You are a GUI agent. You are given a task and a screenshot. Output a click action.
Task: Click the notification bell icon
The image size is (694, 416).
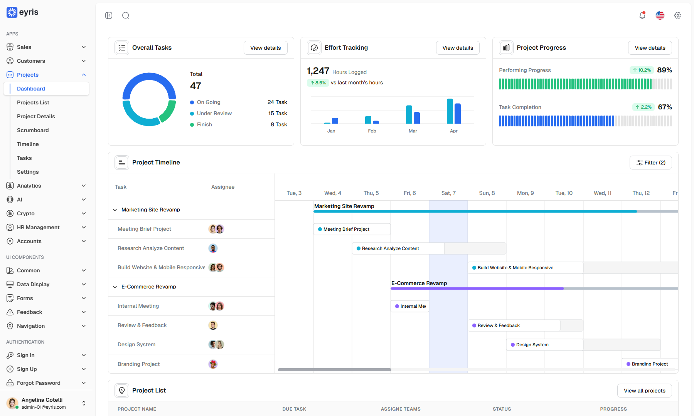tap(642, 15)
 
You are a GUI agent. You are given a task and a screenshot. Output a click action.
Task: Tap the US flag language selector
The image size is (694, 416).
tap(660, 15)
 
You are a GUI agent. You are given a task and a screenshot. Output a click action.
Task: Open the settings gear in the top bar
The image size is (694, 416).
tap(678, 15)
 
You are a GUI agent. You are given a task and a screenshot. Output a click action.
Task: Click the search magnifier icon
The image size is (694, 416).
tap(126, 15)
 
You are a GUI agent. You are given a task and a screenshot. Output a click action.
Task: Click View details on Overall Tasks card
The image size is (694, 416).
tap(266, 48)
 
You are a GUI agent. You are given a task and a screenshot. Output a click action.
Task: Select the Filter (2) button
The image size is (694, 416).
tap(651, 163)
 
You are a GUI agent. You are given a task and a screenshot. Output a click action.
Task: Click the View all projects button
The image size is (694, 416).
tap(645, 391)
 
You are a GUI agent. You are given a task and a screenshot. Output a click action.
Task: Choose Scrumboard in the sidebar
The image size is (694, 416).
tap(33, 130)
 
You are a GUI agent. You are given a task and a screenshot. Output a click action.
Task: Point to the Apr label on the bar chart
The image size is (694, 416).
tap(454, 131)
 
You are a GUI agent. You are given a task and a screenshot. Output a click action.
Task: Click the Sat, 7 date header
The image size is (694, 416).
tap(448, 193)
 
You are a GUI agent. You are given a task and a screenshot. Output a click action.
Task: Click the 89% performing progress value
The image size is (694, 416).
tap(665, 70)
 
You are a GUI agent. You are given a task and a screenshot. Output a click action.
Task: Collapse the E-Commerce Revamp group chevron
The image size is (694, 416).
tap(115, 287)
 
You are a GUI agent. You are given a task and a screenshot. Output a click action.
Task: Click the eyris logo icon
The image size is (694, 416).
tap(12, 12)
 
